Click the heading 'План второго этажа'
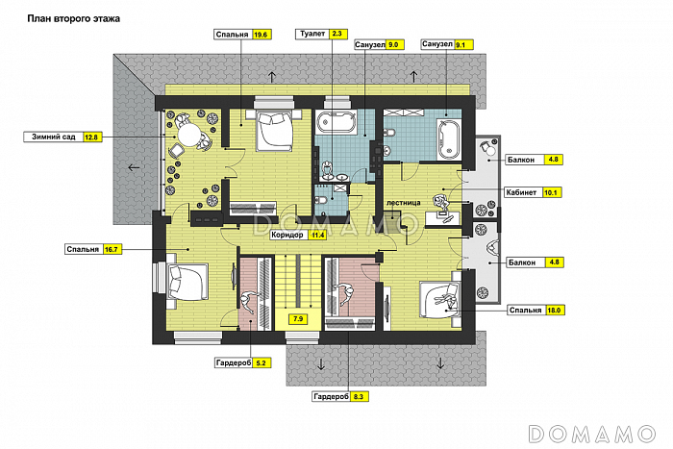coord(73,18)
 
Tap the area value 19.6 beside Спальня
coord(261,35)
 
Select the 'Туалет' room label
coord(312,34)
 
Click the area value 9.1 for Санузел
coord(461,44)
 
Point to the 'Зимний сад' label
coord(54,137)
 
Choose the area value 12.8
coord(91,137)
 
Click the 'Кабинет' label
coord(521,192)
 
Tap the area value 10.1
coord(551,192)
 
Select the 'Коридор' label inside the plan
coord(287,235)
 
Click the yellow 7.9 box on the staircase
coord(298,318)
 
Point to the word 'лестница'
coord(404,203)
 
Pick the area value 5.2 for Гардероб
coord(261,362)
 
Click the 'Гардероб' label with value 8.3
coord(331,397)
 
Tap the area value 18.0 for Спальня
coord(554,310)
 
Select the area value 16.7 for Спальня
coord(112,249)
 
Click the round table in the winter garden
coord(188,135)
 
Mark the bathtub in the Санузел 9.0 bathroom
coord(336,121)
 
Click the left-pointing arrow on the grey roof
coord(134,167)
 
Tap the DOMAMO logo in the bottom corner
coord(592,434)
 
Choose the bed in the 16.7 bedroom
coord(187,282)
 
